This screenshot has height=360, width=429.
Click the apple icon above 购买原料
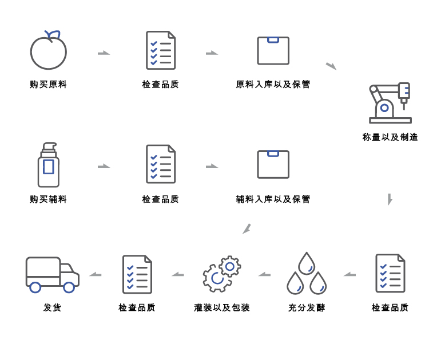pyautogui.click(x=49, y=51)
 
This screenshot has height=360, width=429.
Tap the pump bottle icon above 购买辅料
pyautogui.click(x=49, y=165)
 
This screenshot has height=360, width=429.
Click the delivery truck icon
pyautogui.click(x=52, y=274)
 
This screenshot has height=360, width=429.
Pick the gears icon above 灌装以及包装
pyautogui.click(x=221, y=274)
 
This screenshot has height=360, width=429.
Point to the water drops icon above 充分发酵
pyautogui.click(x=307, y=274)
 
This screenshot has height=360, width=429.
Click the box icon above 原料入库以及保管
pyautogui.click(x=273, y=51)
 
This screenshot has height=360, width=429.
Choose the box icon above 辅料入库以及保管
pyautogui.click(x=273, y=165)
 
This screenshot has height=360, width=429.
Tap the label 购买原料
pyautogui.click(x=49, y=85)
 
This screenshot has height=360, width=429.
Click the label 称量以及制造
pyautogui.click(x=390, y=137)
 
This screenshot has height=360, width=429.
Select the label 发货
pyautogui.click(x=52, y=307)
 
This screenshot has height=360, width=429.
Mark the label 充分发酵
pyautogui.click(x=307, y=307)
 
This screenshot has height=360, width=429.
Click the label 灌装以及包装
pyautogui.click(x=222, y=307)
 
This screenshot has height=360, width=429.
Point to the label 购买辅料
pyautogui.click(x=49, y=199)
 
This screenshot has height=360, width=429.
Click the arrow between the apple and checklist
pyautogui.click(x=104, y=53)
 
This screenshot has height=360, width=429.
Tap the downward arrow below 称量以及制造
pyautogui.click(x=390, y=199)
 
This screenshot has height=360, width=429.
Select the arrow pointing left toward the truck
pyautogui.click(x=96, y=274)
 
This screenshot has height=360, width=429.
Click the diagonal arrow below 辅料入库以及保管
pyautogui.click(x=247, y=229)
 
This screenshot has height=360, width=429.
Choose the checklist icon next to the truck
pyautogui.click(x=137, y=274)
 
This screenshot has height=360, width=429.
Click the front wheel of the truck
pyautogui.click(x=69, y=287)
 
